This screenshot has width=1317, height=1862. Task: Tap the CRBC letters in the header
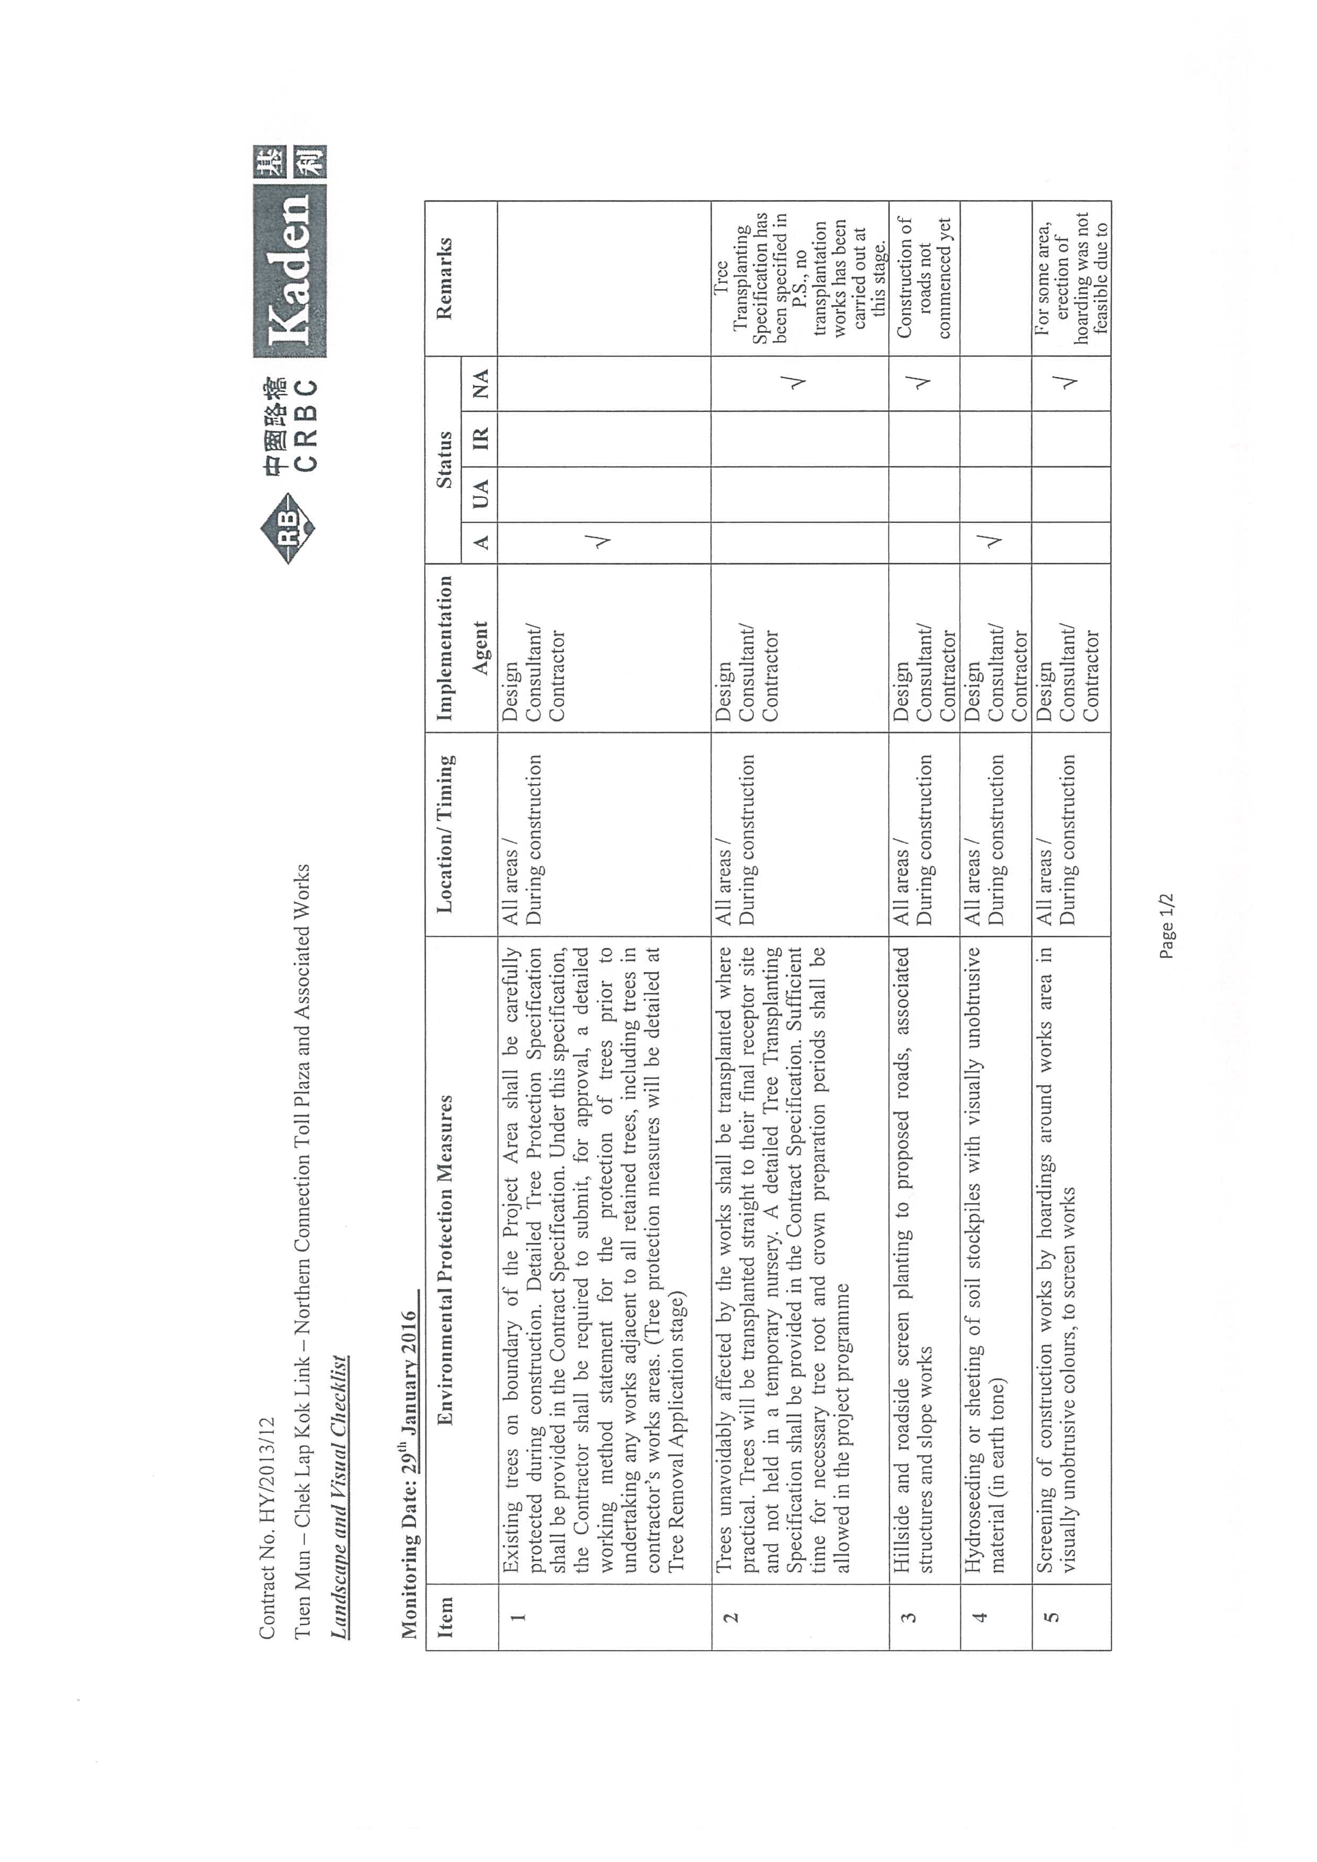[x=306, y=423]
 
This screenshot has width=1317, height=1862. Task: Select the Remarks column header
[x=444, y=278]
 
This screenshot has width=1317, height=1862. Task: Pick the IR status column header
[x=480, y=439]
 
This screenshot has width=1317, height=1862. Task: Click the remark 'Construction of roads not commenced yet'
[x=924, y=277]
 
